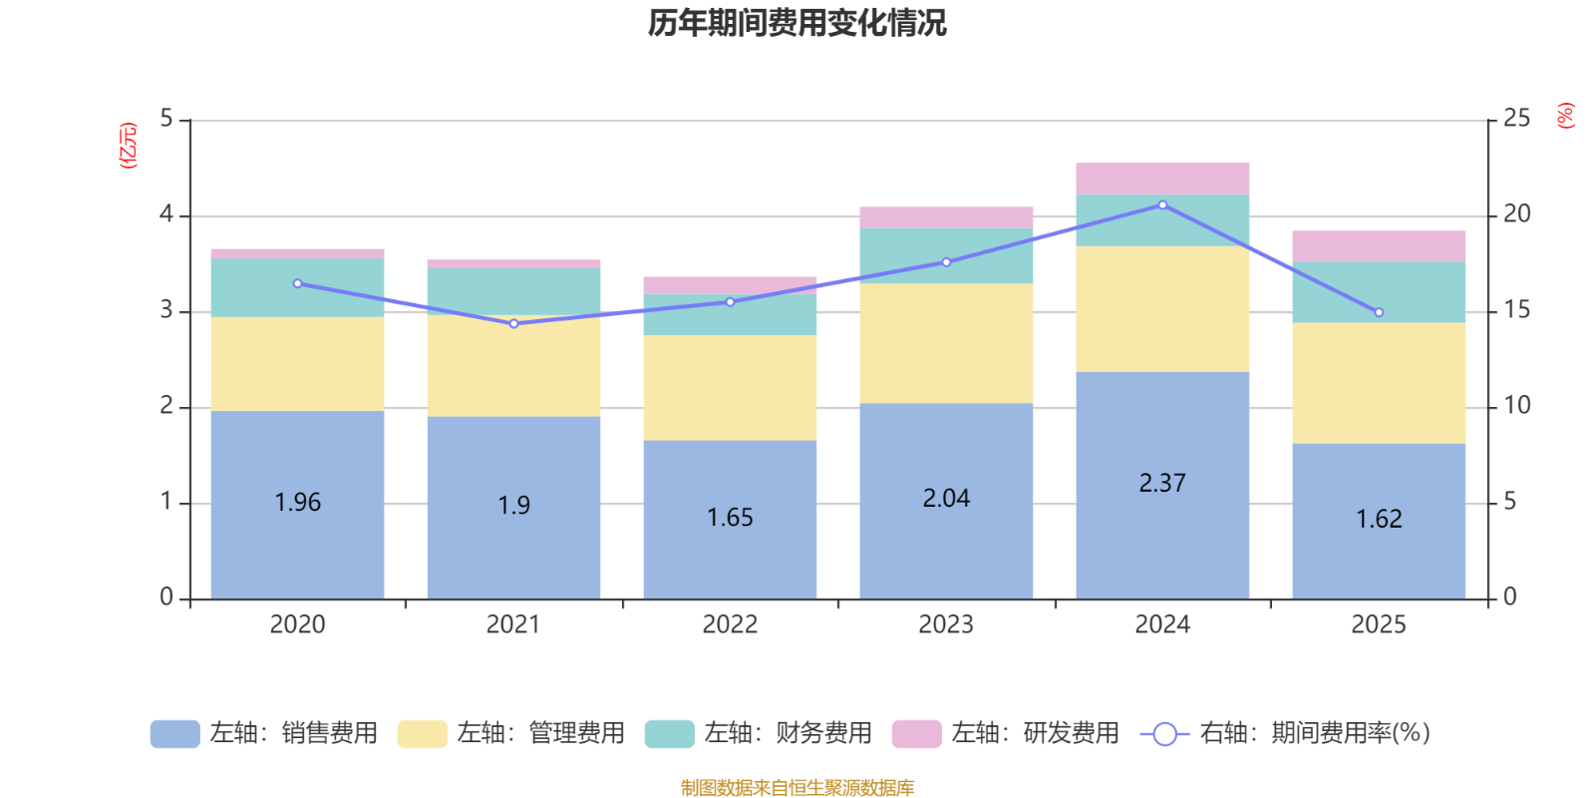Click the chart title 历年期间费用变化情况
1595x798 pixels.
[797, 22]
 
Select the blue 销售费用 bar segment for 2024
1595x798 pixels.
[1162, 539]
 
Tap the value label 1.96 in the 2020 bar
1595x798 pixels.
[297, 502]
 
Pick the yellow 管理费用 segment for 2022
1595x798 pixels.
[730, 387]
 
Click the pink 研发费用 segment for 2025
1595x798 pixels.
[1379, 245]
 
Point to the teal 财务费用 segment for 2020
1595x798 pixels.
[297, 288]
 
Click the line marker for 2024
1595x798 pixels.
[1162, 204]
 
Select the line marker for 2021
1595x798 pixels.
[513, 323]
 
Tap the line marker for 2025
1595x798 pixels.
[1379, 312]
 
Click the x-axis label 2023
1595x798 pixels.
[946, 624]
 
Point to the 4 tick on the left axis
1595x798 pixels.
[166, 214]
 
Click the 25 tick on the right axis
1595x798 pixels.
[1516, 119]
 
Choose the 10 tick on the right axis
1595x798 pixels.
[1516, 405]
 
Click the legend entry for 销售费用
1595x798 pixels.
[264, 733]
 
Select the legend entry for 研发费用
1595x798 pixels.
[1006, 733]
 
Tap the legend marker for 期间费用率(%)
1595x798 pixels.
[1164, 734]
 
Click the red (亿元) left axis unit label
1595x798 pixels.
[129, 146]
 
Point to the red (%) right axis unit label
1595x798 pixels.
[1566, 116]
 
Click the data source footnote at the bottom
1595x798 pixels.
[797, 788]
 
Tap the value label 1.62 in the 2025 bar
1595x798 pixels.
[1379, 519]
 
